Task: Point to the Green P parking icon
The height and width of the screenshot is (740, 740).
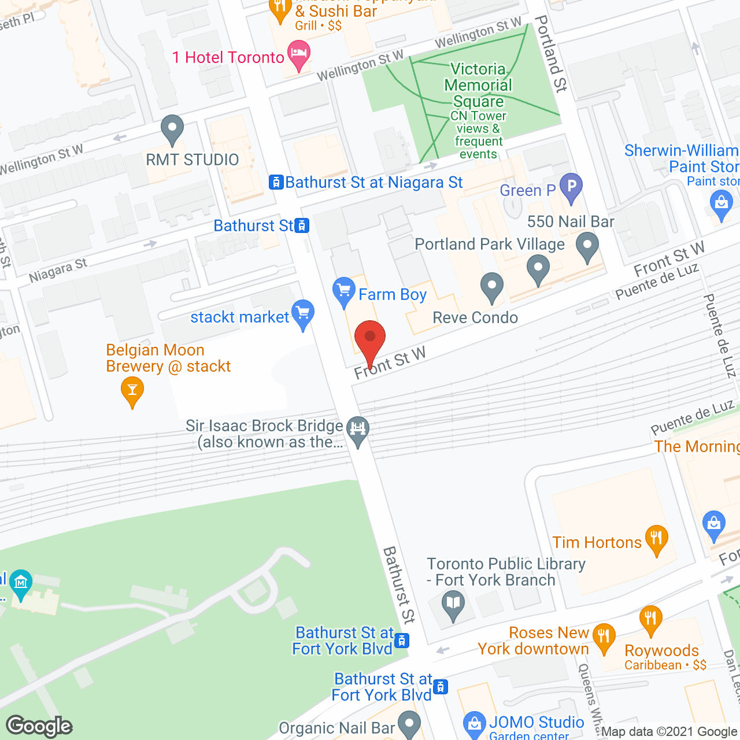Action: click(571, 187)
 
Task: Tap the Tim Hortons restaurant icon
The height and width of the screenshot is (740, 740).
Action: click(656, 539)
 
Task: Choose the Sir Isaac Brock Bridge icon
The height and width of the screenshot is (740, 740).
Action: click(358, 430)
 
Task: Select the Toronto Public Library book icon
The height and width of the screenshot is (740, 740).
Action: click(453, 605)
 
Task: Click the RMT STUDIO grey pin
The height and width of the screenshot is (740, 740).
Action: click(172, 128)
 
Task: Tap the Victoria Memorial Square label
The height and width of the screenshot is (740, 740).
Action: click(478, 85)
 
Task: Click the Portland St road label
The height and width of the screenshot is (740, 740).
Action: click(551, 54)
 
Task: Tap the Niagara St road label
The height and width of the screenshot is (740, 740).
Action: click(58, 270)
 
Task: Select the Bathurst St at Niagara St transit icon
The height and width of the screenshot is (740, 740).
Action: click(276, 183)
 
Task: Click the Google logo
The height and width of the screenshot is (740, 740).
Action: click(39, 726)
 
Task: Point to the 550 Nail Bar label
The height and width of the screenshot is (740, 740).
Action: click(571, 221)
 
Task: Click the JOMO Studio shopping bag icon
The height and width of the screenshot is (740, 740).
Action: click(474, 723)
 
